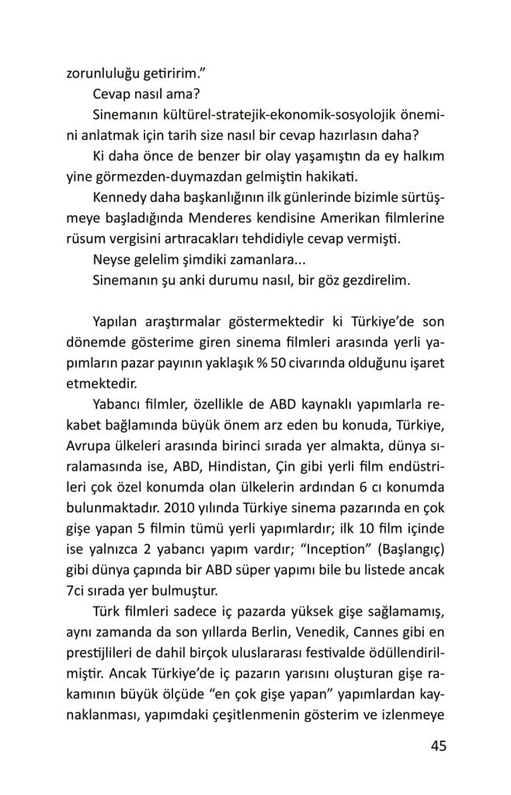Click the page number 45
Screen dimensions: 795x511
pyautogui.click(x=438, y=747)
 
